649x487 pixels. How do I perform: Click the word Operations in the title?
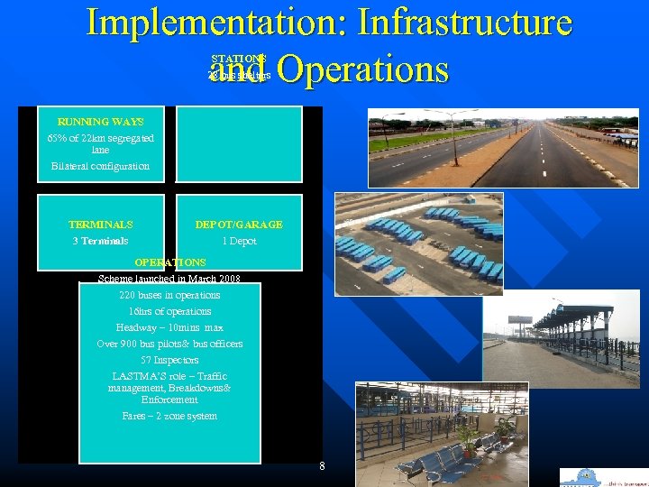point(362,69)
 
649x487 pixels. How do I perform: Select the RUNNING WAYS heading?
point(100,122)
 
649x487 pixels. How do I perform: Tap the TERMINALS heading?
point(100,225)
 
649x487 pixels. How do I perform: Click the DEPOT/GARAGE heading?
point(239,225)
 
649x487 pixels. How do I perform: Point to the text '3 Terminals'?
point(100,241)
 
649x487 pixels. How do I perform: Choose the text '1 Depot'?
point(239,241)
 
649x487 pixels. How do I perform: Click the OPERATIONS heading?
point(169,262)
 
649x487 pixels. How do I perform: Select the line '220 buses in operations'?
point(169,295)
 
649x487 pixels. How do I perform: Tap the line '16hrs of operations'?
point(169,311)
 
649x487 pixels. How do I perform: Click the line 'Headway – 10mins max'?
point(169,327)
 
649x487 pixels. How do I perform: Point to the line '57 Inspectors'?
point(169,360)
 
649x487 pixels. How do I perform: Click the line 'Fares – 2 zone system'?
point(169,416)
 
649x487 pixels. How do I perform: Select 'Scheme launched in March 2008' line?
point(169,279)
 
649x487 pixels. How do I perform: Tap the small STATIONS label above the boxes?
point(238,59)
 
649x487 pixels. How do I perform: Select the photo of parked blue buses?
point(418,243)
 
